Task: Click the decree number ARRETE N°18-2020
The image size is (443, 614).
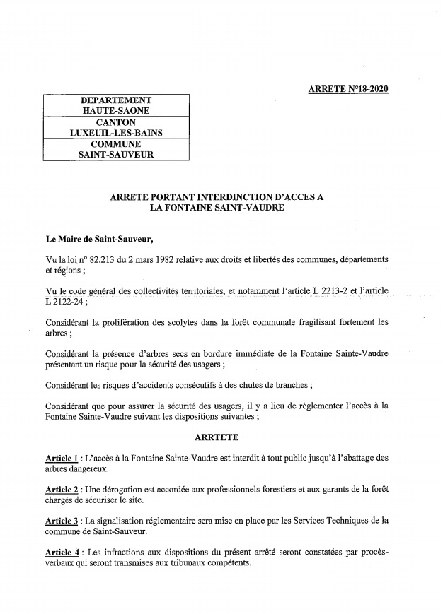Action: pos(348,89)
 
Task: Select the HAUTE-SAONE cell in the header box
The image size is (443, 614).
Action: pos(116,112)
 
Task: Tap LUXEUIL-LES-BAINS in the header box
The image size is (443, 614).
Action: pos(116,133)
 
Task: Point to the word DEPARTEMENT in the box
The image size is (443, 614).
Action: pos(116,101)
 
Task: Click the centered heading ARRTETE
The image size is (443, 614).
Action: pos(217,437)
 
